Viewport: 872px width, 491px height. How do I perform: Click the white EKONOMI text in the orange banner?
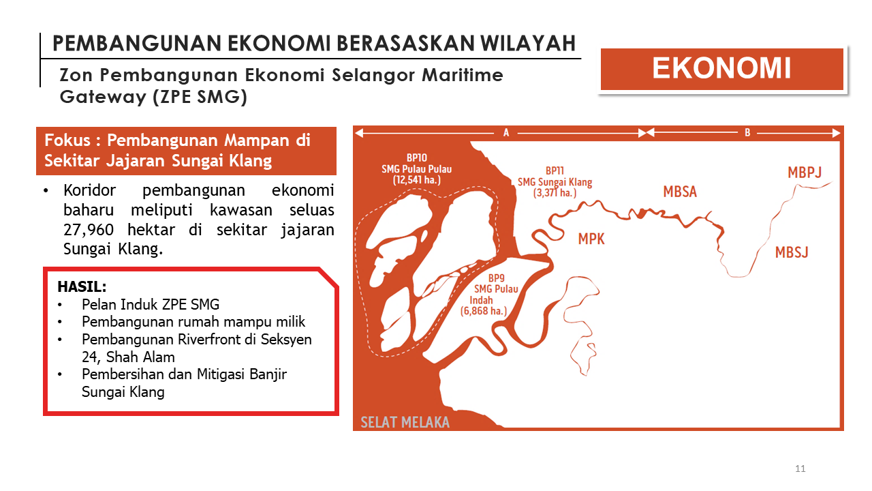tap(721, 68)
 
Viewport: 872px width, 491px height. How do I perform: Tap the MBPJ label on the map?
tap(805, 173)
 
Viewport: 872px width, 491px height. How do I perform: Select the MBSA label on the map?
tap(680, 192)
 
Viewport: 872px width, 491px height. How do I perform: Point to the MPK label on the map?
tap(591, 239)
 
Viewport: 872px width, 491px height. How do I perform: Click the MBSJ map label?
tap(792, 252)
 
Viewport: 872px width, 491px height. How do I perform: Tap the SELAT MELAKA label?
tap(405, 422)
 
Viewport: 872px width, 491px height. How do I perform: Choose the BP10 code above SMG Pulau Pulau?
tap(417, 158)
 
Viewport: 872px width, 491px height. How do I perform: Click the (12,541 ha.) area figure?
tap(416, 180)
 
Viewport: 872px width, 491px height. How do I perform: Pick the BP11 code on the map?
tap(555, 170)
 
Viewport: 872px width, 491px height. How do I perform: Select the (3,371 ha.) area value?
tap(555, 193)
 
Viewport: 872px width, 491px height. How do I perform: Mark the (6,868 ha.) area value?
tap(484, 311)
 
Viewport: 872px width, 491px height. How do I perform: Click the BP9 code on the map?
tap(497, 278)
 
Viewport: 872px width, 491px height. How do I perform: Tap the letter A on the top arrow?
tap(506, 133)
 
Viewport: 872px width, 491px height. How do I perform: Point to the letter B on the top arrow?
tap(747, 132)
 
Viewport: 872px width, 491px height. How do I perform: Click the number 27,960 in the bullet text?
tap(89, 230)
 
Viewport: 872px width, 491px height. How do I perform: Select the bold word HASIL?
tap(82, 287)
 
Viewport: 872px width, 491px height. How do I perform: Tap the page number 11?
tap(800, 468)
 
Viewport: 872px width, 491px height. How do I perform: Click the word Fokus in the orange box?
tap(67, 140)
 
